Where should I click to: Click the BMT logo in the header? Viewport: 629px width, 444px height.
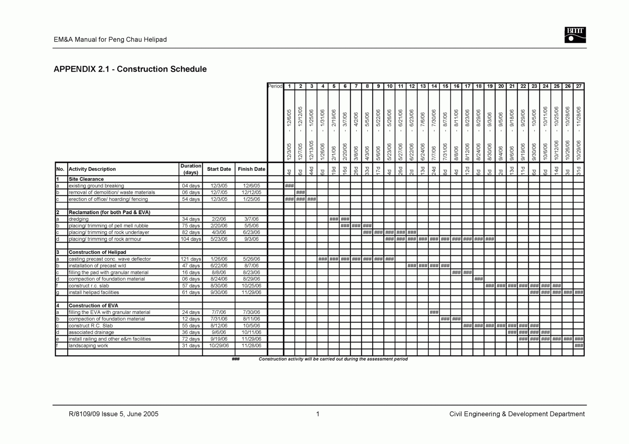pos(575,35)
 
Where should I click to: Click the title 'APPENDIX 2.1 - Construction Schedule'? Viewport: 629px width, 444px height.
pos(130,69)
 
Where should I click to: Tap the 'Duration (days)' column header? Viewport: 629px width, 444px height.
pos(190,169)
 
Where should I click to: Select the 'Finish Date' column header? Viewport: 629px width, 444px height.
pos(251,169)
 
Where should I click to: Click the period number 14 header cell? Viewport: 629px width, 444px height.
pos(434,86)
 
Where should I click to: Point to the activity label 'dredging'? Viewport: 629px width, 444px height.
pos(79,219)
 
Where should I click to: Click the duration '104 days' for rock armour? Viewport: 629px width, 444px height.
pos(190,239)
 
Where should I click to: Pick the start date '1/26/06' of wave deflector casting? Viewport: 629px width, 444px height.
pos(219,259)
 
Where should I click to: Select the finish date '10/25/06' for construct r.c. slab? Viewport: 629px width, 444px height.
pos(251,286)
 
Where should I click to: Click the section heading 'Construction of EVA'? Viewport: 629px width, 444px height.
pos(93,306)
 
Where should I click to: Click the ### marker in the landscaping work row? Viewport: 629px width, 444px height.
pos(579,345)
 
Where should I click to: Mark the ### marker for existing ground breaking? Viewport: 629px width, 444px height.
pos(289,186)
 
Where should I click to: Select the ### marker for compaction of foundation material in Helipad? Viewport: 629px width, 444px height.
pos(478,279)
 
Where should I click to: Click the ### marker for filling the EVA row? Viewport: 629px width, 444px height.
pos(434,312)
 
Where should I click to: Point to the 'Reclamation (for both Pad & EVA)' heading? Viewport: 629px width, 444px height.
pos(109,212)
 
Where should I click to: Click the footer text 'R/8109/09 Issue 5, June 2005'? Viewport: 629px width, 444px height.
pos(113,414)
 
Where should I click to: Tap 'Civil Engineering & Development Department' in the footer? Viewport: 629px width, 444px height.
pos(517,414)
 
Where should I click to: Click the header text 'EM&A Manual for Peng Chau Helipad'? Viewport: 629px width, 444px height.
pos(110,40)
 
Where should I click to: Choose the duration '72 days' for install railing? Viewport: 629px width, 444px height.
pos(190,339)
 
